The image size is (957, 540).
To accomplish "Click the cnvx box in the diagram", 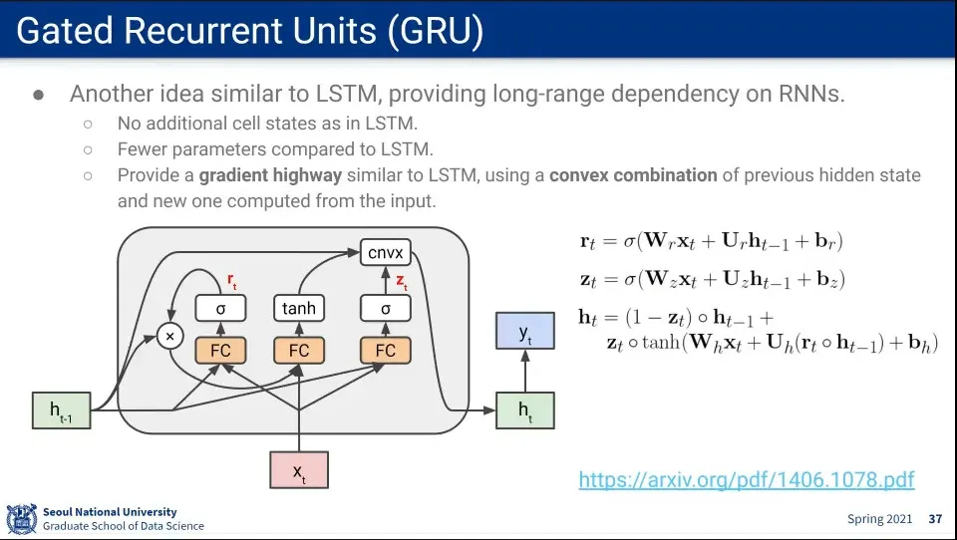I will (386, 253).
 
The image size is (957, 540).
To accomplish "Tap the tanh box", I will (299, 309).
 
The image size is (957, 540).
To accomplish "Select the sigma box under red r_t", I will (220, 309).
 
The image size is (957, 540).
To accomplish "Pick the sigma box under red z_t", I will (386, 309).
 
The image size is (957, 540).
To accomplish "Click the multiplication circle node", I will (170, 337).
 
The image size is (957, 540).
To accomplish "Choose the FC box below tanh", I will (299, 351).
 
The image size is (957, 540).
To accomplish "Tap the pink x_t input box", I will (299, 470).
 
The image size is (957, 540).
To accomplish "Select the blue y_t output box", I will (524, 331).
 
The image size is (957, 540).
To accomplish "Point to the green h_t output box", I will (524, 410).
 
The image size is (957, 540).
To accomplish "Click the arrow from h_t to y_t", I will (524, 371).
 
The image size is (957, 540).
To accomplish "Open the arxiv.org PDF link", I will (746, 480).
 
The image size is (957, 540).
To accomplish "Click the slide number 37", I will (935, 519).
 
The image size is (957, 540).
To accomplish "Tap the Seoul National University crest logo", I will (21, 519).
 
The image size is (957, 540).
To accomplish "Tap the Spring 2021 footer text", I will (878, 519).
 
